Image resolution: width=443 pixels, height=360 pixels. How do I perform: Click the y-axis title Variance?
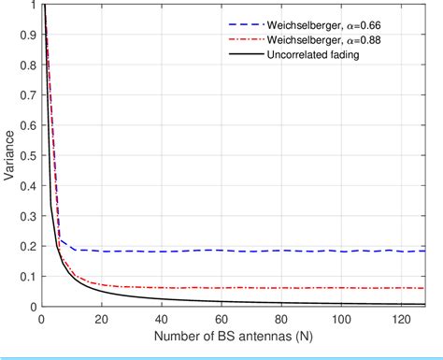tap(10, 156)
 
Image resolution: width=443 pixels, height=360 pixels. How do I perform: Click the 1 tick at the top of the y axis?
tap(32, 6)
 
